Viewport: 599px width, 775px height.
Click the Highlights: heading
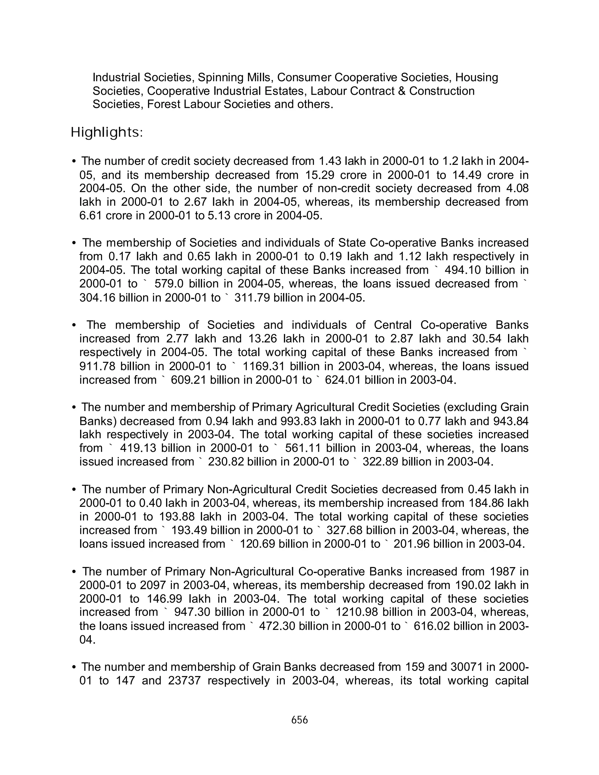pyautogui.click(x=107, y=133)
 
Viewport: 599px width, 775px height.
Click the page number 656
pyautogui.click(x=299, y=720)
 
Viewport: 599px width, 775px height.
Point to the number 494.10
pyautogui.click(x=463, y=270)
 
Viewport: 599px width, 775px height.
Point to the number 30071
pyautogui.click(x=467, y=667)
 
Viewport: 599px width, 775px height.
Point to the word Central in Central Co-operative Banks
pyautogui.click(x=393, y=325)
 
